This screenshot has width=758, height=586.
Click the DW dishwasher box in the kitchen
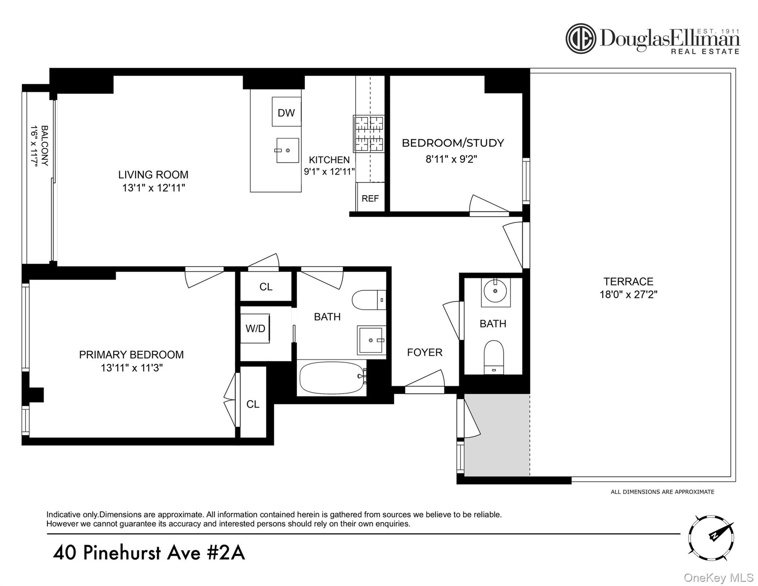(286, 112)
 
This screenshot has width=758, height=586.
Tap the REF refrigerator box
(370, 198)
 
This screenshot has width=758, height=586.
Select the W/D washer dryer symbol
(255, 328)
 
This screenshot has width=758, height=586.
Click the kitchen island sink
(287, 150)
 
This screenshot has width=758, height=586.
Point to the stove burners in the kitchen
(369, 134)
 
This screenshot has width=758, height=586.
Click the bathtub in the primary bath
(332, 378)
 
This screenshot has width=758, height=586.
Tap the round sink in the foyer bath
(495, 291)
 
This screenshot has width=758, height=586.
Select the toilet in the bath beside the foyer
(494, 357)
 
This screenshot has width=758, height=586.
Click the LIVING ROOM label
(153, 175)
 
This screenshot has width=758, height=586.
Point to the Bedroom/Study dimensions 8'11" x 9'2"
(451, 159)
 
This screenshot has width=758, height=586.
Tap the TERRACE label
(628, 282)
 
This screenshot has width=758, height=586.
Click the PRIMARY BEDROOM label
(131, 355)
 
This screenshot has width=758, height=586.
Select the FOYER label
(424, 353)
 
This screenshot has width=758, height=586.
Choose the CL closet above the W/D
(266, 287)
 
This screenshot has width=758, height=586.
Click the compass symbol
(711, 538)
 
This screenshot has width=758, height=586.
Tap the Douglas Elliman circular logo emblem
(580, 39)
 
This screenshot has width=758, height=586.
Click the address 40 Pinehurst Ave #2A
(149, 553)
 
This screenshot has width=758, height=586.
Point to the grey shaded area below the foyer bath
(497, 435)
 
